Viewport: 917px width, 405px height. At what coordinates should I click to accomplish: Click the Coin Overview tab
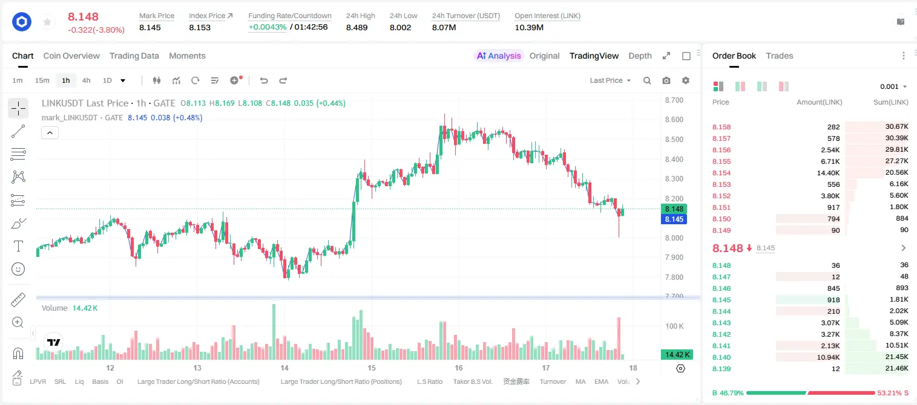71,56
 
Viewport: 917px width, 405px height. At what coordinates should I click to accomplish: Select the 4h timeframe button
86,80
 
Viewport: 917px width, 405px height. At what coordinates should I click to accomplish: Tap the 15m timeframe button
42,80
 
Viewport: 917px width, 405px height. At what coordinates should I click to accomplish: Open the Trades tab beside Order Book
779,56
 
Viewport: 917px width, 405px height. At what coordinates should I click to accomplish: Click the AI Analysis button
499,56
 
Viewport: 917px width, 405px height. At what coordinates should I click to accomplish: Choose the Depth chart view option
640,56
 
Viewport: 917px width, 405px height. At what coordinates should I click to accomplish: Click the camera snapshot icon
666,80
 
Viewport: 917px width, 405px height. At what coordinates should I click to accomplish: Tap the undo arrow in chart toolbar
264,80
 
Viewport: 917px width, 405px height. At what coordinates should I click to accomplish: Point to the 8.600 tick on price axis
674,120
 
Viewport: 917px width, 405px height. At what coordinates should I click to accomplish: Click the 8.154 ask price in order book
721,173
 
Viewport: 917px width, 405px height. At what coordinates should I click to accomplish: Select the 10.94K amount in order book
828,357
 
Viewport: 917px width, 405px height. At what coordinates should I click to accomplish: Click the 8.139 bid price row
721,369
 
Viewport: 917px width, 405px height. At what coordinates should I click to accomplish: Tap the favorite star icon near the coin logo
47,22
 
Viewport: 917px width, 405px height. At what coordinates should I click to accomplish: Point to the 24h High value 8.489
357,27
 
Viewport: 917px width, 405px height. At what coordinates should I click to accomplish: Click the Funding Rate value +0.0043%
268,27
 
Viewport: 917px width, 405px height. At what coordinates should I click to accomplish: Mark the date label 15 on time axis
371,368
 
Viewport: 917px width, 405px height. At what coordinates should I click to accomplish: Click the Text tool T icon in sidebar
18,246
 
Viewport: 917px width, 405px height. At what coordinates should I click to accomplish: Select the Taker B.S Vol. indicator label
472,381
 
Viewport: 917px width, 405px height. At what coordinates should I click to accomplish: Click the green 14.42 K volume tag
677,354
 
